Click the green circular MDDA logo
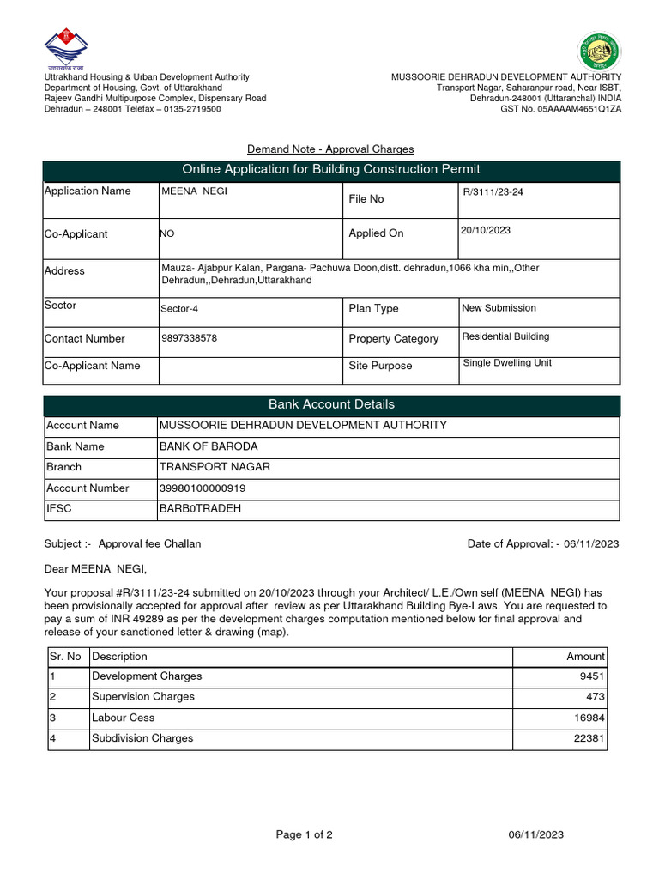(600, 51)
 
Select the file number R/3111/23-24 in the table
(493, 192)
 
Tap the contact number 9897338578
(189, 338)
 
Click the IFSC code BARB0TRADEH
(201, 509)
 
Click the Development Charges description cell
(147, 676)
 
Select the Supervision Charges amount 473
(595, 697)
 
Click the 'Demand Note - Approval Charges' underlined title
(330, 149)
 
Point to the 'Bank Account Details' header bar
(331, 404)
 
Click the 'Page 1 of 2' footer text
(304, 834)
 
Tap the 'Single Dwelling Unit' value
(507, 363)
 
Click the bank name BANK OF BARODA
(209, 446)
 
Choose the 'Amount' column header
(585, 657)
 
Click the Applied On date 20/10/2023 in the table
(486, 230)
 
